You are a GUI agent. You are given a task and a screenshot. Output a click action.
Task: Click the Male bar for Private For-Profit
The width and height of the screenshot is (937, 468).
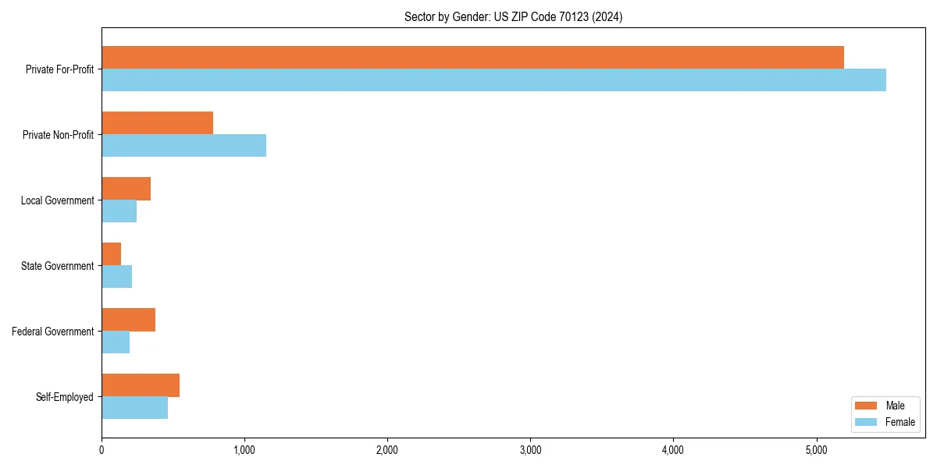(x=472, y=58)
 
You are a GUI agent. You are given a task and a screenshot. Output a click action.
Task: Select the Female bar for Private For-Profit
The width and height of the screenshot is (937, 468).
(x=493, y=80)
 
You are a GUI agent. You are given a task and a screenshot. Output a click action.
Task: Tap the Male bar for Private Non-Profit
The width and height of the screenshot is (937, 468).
(x=157, y=123)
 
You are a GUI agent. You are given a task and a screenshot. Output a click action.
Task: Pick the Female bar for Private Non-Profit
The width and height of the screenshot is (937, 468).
(x=183, y=146)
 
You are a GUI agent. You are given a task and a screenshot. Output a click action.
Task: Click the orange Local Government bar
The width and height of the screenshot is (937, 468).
(x=126, y=189)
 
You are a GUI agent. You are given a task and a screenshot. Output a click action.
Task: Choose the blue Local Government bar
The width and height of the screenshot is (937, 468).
(x=119, y=211)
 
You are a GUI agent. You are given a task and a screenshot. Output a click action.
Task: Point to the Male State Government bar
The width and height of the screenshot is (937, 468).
(x=111, y=254)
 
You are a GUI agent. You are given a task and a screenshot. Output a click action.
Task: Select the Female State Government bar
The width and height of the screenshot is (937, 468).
(x=116, y=277)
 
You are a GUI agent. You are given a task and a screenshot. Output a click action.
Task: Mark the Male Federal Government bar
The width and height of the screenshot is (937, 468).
(x=128, y=320)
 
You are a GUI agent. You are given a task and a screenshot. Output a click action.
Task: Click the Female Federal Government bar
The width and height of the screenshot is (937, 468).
(x=116, y=342)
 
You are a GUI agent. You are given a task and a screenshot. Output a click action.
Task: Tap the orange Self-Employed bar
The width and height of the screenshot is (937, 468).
(x=141, y=385)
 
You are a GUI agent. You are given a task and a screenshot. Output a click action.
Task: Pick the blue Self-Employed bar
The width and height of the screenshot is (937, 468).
(x=134, y=408)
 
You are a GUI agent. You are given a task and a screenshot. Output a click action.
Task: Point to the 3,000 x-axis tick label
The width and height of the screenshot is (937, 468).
(x=530, y=450)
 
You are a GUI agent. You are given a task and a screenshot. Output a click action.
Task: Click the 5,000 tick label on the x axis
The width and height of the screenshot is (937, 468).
(x=816, y=450)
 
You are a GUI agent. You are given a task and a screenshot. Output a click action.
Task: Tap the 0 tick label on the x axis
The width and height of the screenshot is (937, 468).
(x=102, y=450)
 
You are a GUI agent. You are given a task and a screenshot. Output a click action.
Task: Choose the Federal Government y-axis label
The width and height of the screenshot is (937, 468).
(x=53, y=331)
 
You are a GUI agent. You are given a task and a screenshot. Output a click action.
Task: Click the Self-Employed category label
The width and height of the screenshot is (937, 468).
(x=65, y=397)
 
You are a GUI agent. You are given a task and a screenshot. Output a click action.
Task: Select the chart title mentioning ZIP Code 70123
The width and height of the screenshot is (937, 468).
(x=513, y=16)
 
